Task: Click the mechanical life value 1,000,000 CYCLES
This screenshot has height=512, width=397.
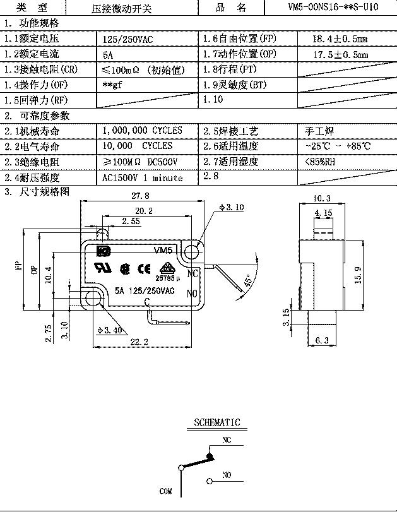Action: pyautogui.click(x=142, y=131)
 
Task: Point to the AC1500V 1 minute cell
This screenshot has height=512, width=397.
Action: pyautogui.click(x=142, y=178)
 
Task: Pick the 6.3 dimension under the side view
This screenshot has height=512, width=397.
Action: pyautogui.click(x=322, y=341)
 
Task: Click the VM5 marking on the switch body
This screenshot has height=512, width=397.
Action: pyautogui.click(x=164, y=250)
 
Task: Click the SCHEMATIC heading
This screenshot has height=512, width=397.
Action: pyautogui.click(x=216, y=422)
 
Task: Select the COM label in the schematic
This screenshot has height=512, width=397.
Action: pyautogui.click(x=166, y=491)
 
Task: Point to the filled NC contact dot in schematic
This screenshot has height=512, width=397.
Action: pyautogui.click(x=209, y=455)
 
